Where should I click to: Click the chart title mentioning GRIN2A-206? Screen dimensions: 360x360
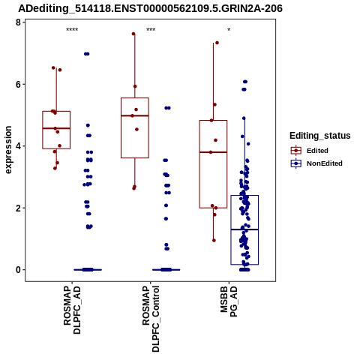point(150,8)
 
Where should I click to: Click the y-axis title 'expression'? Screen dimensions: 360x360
point(8,150)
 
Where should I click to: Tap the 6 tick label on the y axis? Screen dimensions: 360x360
point(18,84)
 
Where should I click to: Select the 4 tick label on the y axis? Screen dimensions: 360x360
point(18,146)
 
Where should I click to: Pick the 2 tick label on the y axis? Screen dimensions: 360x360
point(18,208)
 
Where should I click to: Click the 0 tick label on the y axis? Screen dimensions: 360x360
point(18,270)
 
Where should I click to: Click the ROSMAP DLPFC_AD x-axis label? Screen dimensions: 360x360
point(72,310)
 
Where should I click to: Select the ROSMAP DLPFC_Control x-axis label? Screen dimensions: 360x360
point(151,319)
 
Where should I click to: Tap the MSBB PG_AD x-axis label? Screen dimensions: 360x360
point(229,301)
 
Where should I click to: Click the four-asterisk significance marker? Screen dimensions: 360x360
point(72,30)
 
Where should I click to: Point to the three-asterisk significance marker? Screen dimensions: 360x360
point(151,30)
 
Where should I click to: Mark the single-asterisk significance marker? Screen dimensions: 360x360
point(229,30)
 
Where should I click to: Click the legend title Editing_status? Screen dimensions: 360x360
point(320,136)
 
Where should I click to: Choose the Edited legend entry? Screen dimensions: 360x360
point(310,151)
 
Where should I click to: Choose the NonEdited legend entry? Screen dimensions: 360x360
point(316,163)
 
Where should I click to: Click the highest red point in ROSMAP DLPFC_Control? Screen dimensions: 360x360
point(133,34)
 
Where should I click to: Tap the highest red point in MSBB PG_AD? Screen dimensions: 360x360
point(217,43)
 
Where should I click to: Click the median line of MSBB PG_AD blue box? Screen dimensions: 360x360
point(244,229)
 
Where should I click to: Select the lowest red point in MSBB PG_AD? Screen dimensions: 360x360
point(214,241)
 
